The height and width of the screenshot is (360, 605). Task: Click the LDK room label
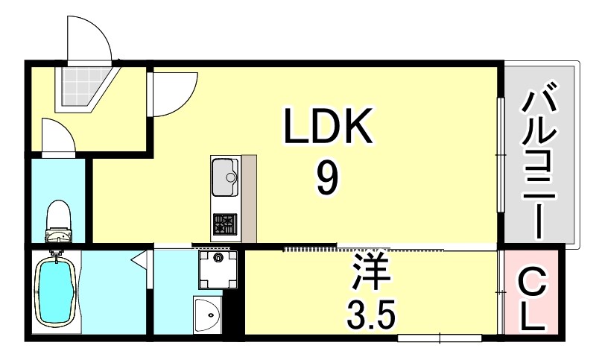click(326, 128)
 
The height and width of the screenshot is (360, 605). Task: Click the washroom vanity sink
click(208, 318)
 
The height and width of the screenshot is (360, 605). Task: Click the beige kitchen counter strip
click(248, 198)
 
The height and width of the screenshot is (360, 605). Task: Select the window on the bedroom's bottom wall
click(439, 339)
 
